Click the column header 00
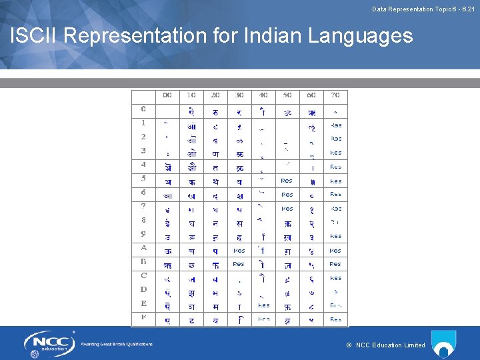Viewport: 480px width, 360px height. click(167, 95)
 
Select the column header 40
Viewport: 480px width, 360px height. click(263, 95)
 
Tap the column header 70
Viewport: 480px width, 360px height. click(335, 95)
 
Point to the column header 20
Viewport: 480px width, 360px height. click(215, 95)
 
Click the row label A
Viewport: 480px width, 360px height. click(144, 248)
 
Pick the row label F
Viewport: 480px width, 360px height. click(144, 317)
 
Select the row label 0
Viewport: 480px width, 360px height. click(144, 109)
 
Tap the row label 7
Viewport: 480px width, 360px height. click(144, 206)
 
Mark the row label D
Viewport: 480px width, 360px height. click(144, 289)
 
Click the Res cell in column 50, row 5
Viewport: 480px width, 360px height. click(287, 181)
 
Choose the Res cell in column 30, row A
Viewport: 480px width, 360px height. click(239, 251)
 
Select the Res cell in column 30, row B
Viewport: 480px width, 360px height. click(239, 264)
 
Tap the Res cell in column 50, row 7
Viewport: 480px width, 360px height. click(287, 209)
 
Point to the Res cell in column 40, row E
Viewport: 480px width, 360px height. click(263, 305)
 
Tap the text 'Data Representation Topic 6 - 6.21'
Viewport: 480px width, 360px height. click(423, 9)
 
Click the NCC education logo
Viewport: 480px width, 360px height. click(51, 343)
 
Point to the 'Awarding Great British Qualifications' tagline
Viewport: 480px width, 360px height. click(117, 344)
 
